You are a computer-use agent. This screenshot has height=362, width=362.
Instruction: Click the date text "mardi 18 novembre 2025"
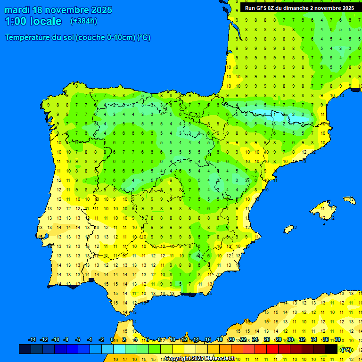point(58,10)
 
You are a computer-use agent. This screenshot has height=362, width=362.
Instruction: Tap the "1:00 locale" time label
point(33,21)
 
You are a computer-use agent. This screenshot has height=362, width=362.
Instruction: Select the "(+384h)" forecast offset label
point(83,21)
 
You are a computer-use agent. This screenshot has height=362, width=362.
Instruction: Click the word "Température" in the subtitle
point(27,38)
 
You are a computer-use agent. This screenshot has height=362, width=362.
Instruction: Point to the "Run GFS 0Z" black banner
point(300,8)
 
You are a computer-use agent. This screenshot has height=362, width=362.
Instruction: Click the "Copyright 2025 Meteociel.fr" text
point(200,358)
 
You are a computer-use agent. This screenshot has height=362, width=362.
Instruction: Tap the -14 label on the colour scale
point(32,339)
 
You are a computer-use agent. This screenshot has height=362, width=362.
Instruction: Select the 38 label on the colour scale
point(337,339)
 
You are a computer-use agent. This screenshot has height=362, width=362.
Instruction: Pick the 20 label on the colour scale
point(231,339)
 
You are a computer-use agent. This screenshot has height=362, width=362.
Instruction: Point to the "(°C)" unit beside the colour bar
point(346,350)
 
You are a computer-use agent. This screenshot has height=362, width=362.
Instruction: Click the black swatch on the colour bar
point(331,349)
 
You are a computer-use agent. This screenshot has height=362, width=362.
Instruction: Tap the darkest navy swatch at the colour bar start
point(25,349)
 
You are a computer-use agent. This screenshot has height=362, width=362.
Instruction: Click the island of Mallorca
point(322,209)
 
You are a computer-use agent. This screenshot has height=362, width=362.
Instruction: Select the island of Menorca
point(349,200)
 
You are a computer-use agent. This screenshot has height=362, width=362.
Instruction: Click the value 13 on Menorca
point(350,200)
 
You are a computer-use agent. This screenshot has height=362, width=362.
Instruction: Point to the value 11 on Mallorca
point(322,208)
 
